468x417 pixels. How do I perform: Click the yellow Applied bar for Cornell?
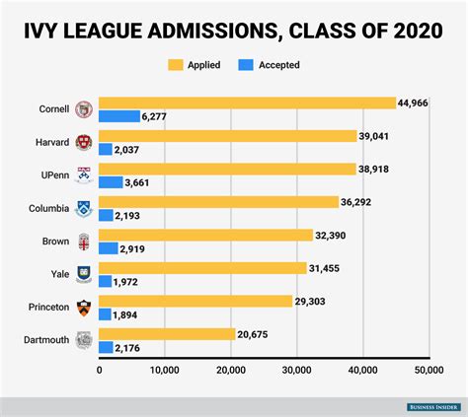click(x=247, y=103)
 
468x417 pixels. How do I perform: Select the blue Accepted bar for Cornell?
click(x=119, y=116)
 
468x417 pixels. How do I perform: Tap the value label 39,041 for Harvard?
click(x=376, y=136)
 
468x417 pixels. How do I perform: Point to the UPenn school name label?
click(x=53, y=175)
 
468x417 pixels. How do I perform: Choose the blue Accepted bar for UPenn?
click(x=111, y=182)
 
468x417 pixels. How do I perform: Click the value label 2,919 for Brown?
click(x=133, y=248)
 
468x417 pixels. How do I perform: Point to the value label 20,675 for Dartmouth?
click(x=256, y=334)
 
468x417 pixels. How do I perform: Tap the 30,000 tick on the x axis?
click(x=296, y=370)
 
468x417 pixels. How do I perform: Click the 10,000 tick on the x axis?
click(x=164, y=370)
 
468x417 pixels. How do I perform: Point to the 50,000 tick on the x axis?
click(x=428, y=370)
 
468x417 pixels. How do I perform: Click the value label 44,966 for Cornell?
click(x=418, y=103)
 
